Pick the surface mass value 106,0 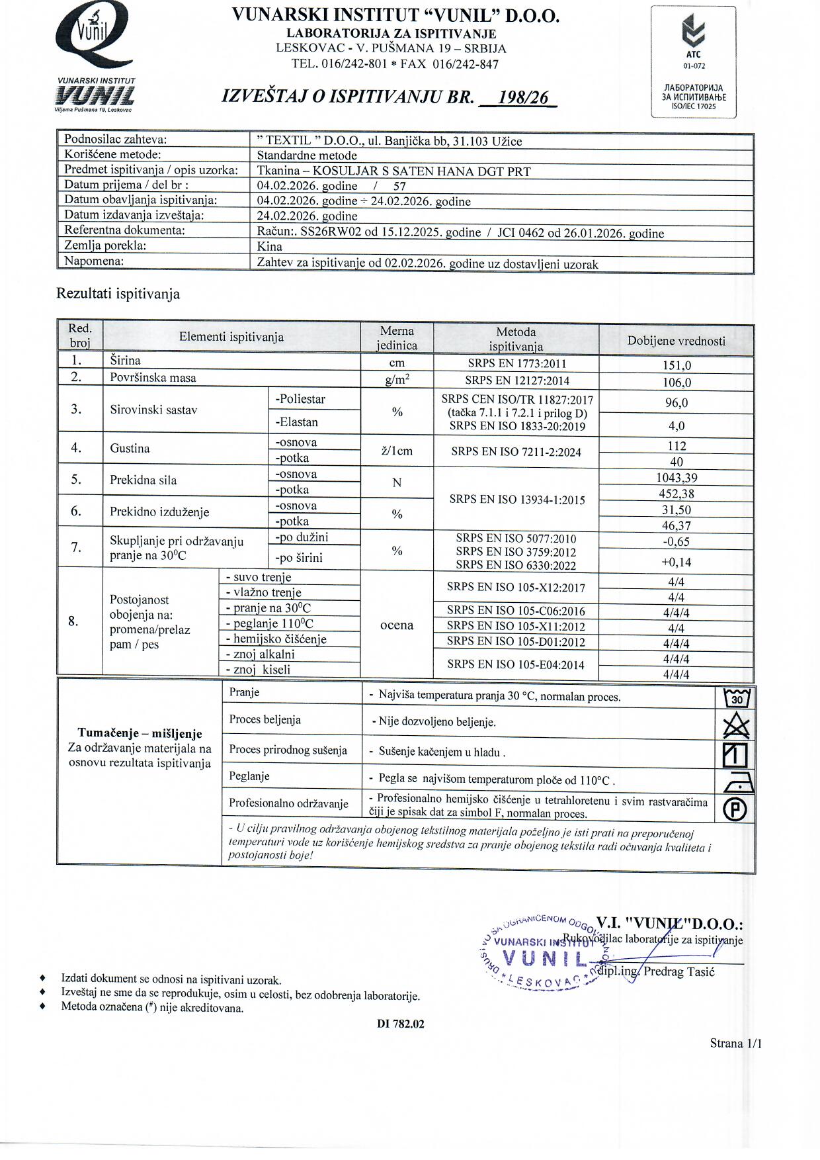676,382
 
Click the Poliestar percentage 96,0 676,403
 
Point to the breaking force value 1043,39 676,478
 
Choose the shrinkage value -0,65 676,541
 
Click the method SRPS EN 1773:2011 516,364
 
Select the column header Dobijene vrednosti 676,341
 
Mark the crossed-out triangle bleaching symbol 737,727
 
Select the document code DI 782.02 401,1024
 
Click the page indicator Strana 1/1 735,1044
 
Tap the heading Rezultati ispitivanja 118,294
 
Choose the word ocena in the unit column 397,625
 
